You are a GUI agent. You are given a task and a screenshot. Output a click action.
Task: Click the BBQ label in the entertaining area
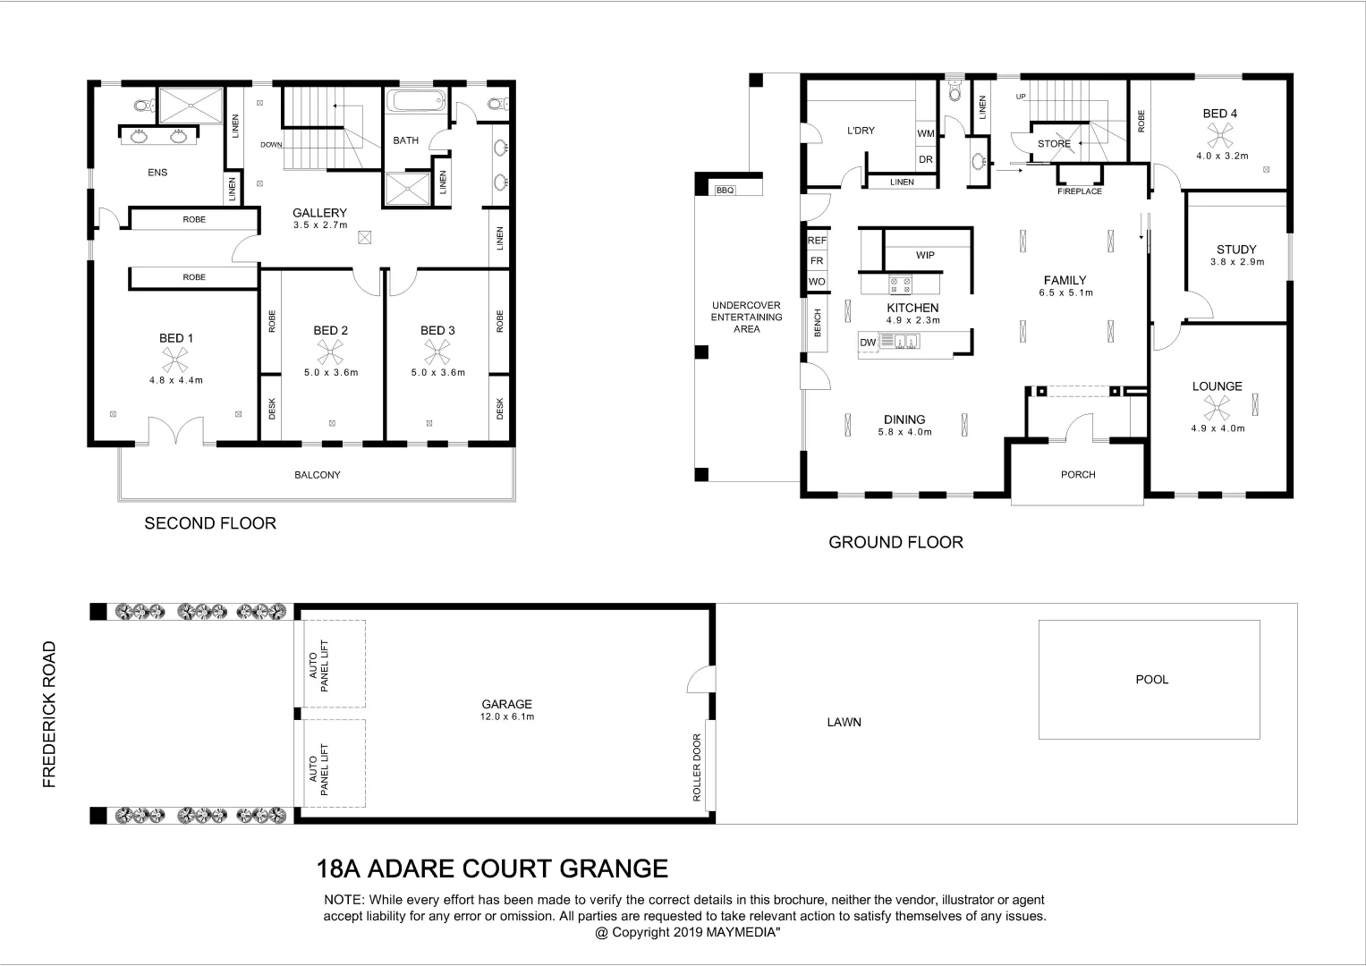coord(725,191)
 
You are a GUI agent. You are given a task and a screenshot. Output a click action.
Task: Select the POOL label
coord(1151,680)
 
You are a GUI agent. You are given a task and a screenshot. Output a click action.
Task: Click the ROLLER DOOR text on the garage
coord(697,767)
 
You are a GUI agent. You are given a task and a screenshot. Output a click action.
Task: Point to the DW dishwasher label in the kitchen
coord(867,343)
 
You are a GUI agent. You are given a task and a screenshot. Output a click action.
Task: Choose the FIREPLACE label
coord(1079,191)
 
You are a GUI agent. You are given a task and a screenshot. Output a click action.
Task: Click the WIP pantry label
coord(925,256)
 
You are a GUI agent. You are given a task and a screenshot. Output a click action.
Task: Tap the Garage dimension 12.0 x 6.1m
coord(507,717)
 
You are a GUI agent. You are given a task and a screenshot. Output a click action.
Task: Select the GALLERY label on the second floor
coord(319,213)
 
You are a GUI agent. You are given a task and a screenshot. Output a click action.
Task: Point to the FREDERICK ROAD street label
coord(49,714)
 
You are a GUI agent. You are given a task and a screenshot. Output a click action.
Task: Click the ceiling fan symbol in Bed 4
coord(1220,135)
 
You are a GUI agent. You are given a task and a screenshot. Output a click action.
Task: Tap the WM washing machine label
coord(925,134)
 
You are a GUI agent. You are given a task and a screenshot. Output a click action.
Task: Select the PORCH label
coord(1078,475)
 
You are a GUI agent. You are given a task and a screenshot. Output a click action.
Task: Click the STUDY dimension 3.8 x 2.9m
coord(1236,262)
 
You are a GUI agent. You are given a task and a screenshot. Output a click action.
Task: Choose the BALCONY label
coord(318,475)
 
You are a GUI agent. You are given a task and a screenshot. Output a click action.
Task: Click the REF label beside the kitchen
coord(817,241)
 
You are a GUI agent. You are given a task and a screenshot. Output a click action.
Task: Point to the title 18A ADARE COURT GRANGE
coord(493,869)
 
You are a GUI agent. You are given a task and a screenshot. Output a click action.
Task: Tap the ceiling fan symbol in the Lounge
coord(1217,408)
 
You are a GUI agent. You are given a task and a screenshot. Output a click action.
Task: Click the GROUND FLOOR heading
coord(895,542)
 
